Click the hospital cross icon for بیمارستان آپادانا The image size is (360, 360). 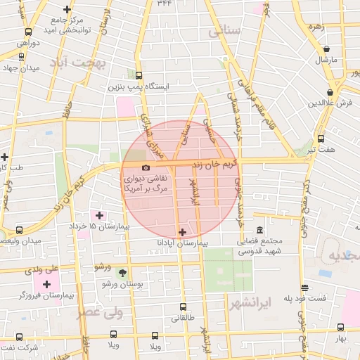coord(183,231)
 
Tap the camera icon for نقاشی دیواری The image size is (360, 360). coord(146,168)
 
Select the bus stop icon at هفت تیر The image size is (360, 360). coord(321,139)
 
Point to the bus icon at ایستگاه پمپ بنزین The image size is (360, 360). coord(139,76)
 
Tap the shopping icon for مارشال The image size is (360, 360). coord(327,49)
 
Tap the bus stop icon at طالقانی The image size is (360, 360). coord(183,307)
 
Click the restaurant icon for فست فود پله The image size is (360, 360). coord(304,288)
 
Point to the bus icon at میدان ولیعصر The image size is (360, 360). coord(19,230)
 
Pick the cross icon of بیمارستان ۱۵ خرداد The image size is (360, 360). coord(98,215)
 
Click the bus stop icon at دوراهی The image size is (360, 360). coord(28,32)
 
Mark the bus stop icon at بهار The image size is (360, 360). coord(340,328)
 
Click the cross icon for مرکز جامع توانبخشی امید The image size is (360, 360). coord(67,9)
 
